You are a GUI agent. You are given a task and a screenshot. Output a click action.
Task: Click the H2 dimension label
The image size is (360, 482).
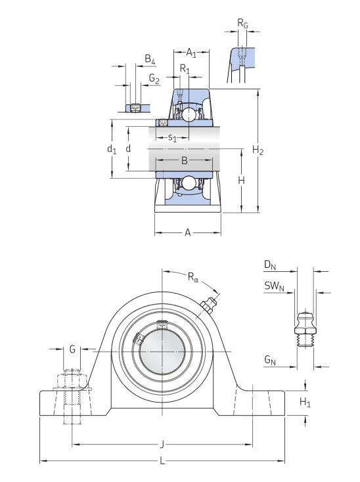click(258, 150)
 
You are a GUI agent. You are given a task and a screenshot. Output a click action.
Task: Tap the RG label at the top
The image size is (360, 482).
click(242, 23)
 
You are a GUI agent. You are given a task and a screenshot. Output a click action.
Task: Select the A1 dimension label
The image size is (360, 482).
click(191, 53)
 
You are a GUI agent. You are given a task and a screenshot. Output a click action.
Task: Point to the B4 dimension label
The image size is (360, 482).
click(150, 59)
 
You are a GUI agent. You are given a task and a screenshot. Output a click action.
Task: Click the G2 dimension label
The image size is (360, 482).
click(154, 79)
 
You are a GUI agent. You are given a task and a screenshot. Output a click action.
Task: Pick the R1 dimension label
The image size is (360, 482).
click(185, 69)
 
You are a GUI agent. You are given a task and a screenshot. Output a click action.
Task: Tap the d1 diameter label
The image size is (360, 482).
click(112, 149)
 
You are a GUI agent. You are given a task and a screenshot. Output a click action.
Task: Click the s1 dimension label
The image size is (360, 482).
click(173, 138)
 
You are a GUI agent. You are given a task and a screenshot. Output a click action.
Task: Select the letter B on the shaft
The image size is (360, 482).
click(184, 160)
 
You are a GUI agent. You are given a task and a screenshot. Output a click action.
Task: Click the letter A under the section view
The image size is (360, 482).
click(187, 232)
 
